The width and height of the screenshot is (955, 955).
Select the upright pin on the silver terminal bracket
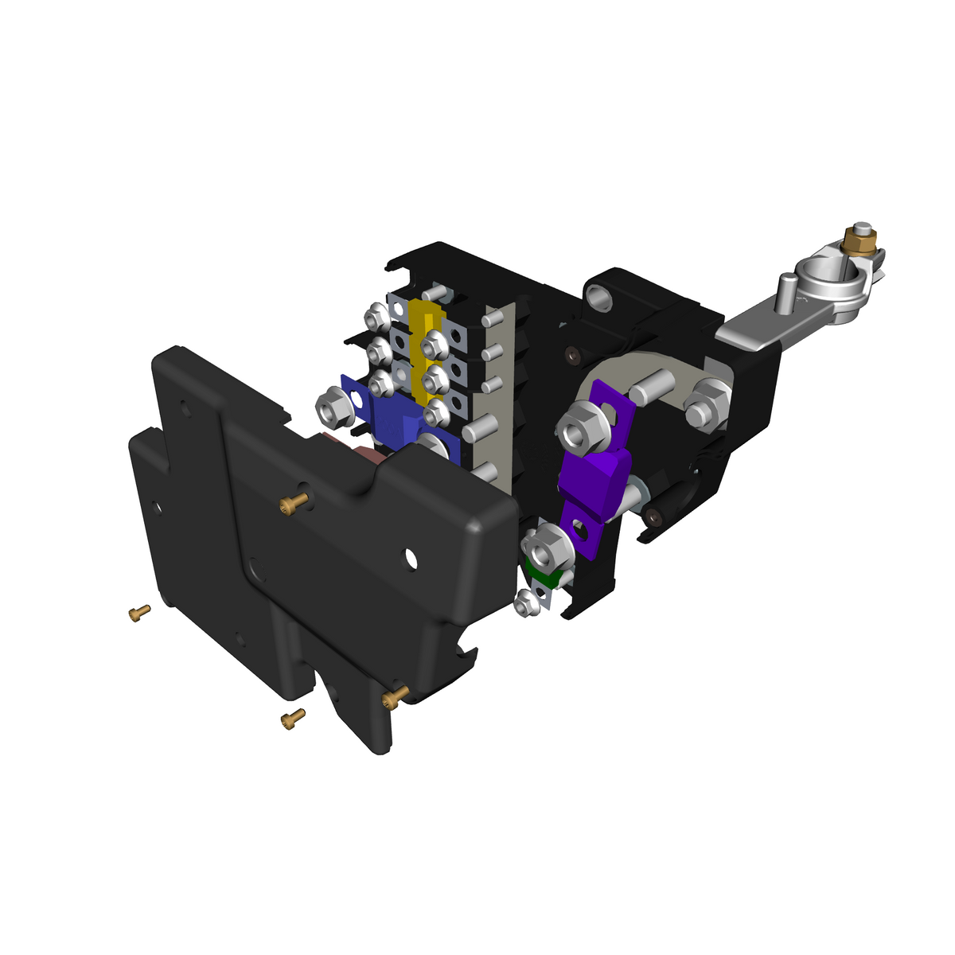click(787, 292)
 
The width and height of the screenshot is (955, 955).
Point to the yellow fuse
click(427, 350)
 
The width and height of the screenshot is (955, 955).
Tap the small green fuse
click(546, 576)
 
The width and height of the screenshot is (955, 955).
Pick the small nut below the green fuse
click(526, 604)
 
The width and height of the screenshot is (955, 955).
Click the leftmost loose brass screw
click(138, 613)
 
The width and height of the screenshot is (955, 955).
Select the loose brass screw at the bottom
click(293, 719)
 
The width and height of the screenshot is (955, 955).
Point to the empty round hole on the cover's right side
click(411, 559)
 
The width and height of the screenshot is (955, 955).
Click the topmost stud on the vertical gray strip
click(491, 320)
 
